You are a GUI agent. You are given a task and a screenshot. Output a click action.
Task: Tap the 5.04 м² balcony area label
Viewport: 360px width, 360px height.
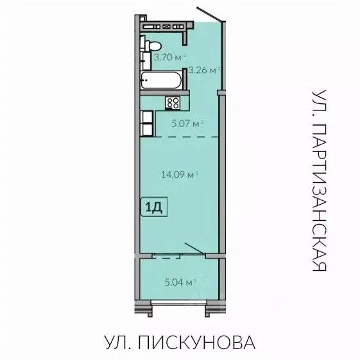[x=180, y=280]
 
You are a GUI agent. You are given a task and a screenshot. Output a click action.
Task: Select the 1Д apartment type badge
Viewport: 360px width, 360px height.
[x=153, y=207]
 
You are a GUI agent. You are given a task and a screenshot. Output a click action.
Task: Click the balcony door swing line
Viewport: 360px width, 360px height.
[x=194, y=250]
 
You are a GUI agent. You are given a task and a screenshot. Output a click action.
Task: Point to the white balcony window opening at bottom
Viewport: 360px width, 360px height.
[x=179, y=302]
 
